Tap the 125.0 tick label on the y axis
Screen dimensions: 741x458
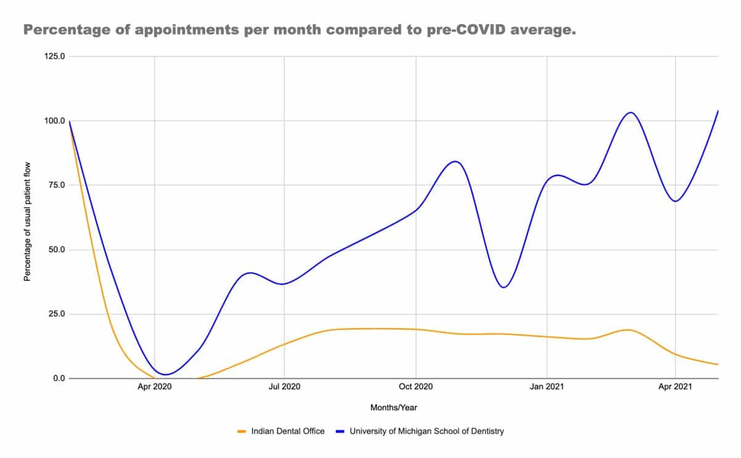(x=54, y=56)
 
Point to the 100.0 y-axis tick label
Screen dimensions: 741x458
(x=54, y=121)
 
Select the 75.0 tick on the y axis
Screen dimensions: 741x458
(x=57, y=185)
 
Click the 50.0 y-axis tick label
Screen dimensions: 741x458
(x=57, y=249)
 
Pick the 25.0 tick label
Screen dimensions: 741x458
(x=57, y=313)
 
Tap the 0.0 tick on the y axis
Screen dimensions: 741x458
(x=59, y=378)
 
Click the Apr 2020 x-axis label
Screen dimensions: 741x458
(x=154, y=386)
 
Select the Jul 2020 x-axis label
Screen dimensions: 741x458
(x=285, y=386)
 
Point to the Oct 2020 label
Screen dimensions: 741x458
(x=416, y=386)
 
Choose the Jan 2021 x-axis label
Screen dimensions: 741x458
(x=547, y=386)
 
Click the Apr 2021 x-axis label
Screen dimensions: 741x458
(x=675, y=386)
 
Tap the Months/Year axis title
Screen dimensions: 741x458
(x=394, y=408)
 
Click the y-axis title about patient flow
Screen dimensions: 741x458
(x=27, y=221)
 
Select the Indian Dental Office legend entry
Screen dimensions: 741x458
(x=281, y=431)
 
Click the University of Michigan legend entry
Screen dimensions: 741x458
(x=420, y=431)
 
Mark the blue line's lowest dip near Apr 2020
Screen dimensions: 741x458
(x=165, y=375)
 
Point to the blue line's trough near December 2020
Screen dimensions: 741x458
(x=503, y=287)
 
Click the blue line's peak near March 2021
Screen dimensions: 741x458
(x=631, y=112)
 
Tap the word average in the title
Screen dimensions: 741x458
(x=543, y=30)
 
